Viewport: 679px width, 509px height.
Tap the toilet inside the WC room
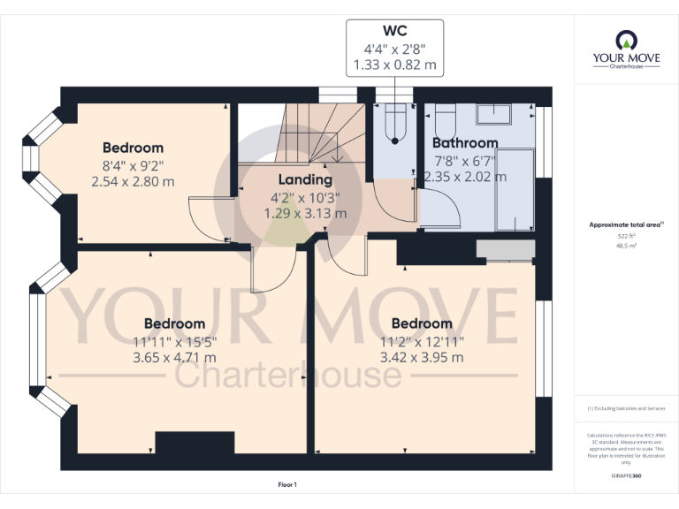[x=395, y=123]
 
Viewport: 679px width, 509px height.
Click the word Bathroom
[x=465, y=142]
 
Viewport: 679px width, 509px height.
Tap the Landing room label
[x=305, y=180]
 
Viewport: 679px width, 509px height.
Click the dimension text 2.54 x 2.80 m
[x=133, y=181]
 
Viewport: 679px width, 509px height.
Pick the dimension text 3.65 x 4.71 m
[x=174, y=357]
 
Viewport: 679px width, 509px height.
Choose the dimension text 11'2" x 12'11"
[x=422, y=341]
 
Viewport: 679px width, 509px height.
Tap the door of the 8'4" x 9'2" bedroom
[x=206, y=219]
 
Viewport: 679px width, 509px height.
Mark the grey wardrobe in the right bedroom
[x=505, y=250]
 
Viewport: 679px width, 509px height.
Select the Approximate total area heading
[x=626, y=225]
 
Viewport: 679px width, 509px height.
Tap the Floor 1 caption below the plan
[x=287, y=484]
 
